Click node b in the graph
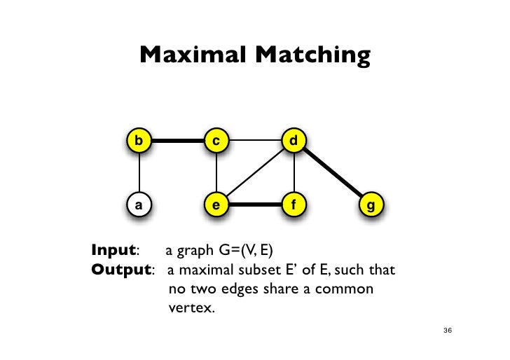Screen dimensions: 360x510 point(140,141)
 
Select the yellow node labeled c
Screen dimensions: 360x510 point(217,141)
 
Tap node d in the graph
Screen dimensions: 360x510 point(294,141)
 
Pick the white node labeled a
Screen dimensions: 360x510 point(140,206)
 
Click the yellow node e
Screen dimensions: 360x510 point(217,206)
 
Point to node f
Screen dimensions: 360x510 point(294,206)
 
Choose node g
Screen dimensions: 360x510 point(370,206)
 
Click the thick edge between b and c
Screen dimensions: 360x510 point(179,141)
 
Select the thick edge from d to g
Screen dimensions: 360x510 point(332,174)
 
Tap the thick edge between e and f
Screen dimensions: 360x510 point(256,206)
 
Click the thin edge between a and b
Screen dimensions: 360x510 point(140,173)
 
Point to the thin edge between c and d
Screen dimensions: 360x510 point(256,141)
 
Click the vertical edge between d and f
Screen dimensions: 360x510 point(294,173)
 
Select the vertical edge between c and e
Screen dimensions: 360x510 point(217,173)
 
